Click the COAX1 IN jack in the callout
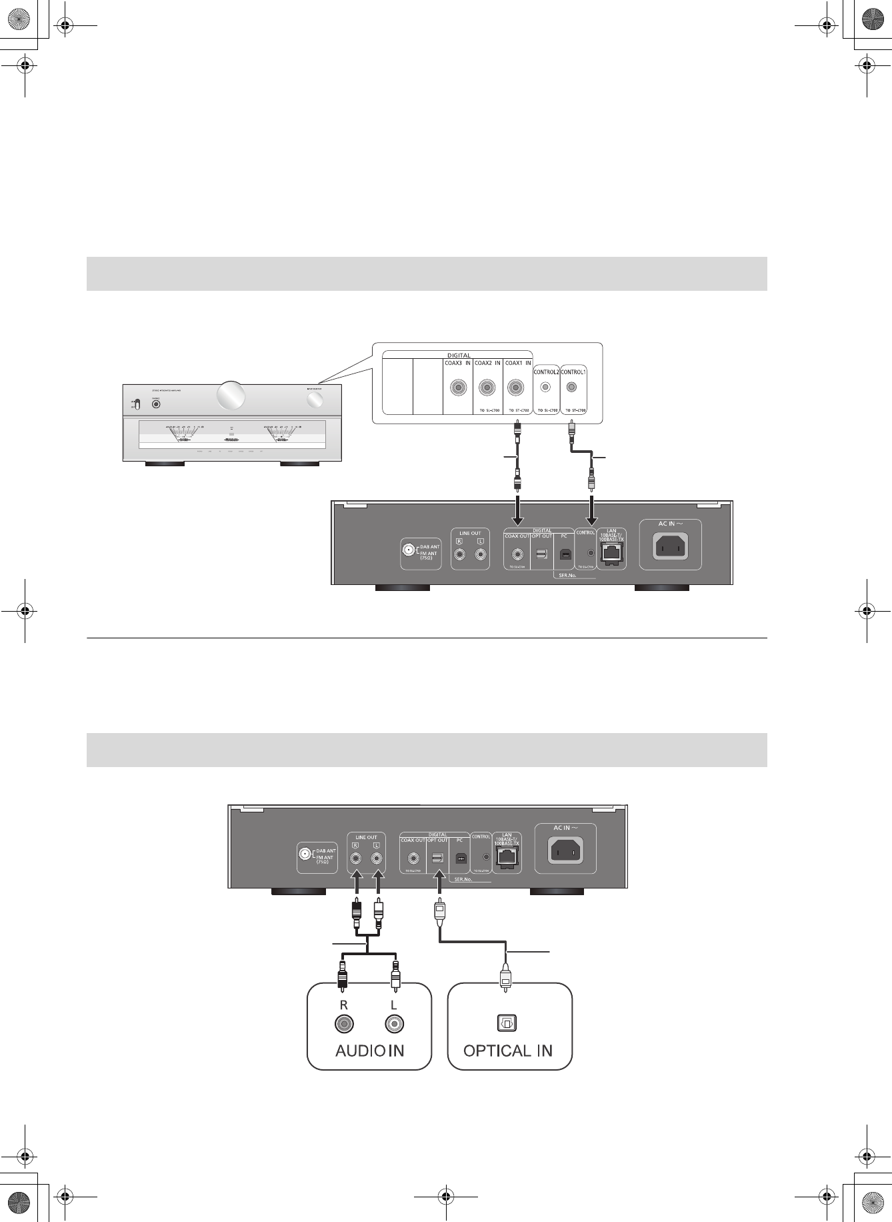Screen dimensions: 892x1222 tap(516, 387)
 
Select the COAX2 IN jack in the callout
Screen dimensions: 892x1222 tap(487, 387)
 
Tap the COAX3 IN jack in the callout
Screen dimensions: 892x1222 tap(457, 387)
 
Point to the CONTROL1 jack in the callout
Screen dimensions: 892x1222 tap(571, 387)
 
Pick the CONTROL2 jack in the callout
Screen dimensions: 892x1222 tap(546, 387)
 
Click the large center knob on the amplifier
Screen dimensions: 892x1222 tap(231, 395)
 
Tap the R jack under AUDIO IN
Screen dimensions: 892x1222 tap(344, 1024)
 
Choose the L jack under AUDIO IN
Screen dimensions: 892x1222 tap(395, 1024)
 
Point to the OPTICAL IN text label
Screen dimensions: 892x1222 tap(508, 1051)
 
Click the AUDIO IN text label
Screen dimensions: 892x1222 tap(369, 1051)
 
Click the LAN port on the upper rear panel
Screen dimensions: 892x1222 tap(611, 553)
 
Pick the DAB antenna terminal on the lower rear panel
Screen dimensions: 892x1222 tap(305, 854)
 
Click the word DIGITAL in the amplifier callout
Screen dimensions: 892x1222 tap(458, 356)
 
